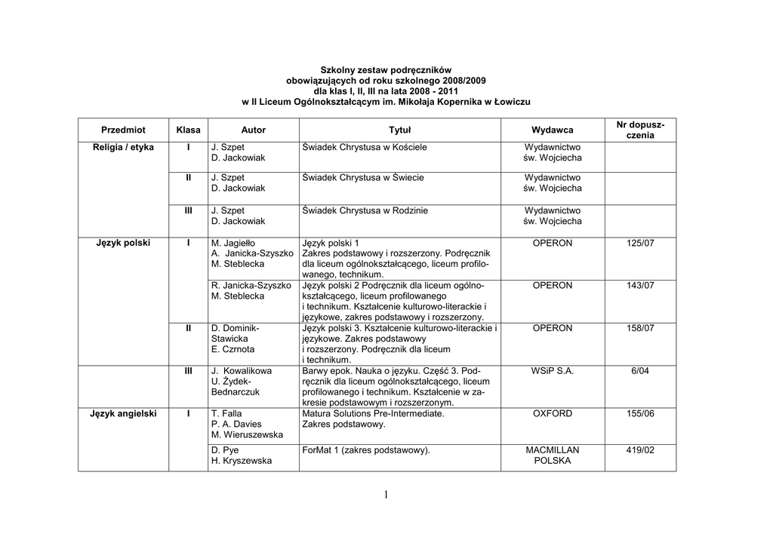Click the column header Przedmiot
123,130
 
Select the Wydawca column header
552,130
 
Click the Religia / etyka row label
123,147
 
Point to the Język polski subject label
123,244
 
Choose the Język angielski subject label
123,414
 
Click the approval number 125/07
639,244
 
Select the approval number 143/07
639,286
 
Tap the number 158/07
639,329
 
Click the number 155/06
639,414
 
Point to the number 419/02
639,450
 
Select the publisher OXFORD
552,414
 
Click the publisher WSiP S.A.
552,371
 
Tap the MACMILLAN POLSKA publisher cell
552,456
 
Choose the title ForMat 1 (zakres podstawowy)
365,450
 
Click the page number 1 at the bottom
385,495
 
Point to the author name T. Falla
226,414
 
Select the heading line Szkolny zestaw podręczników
386,69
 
